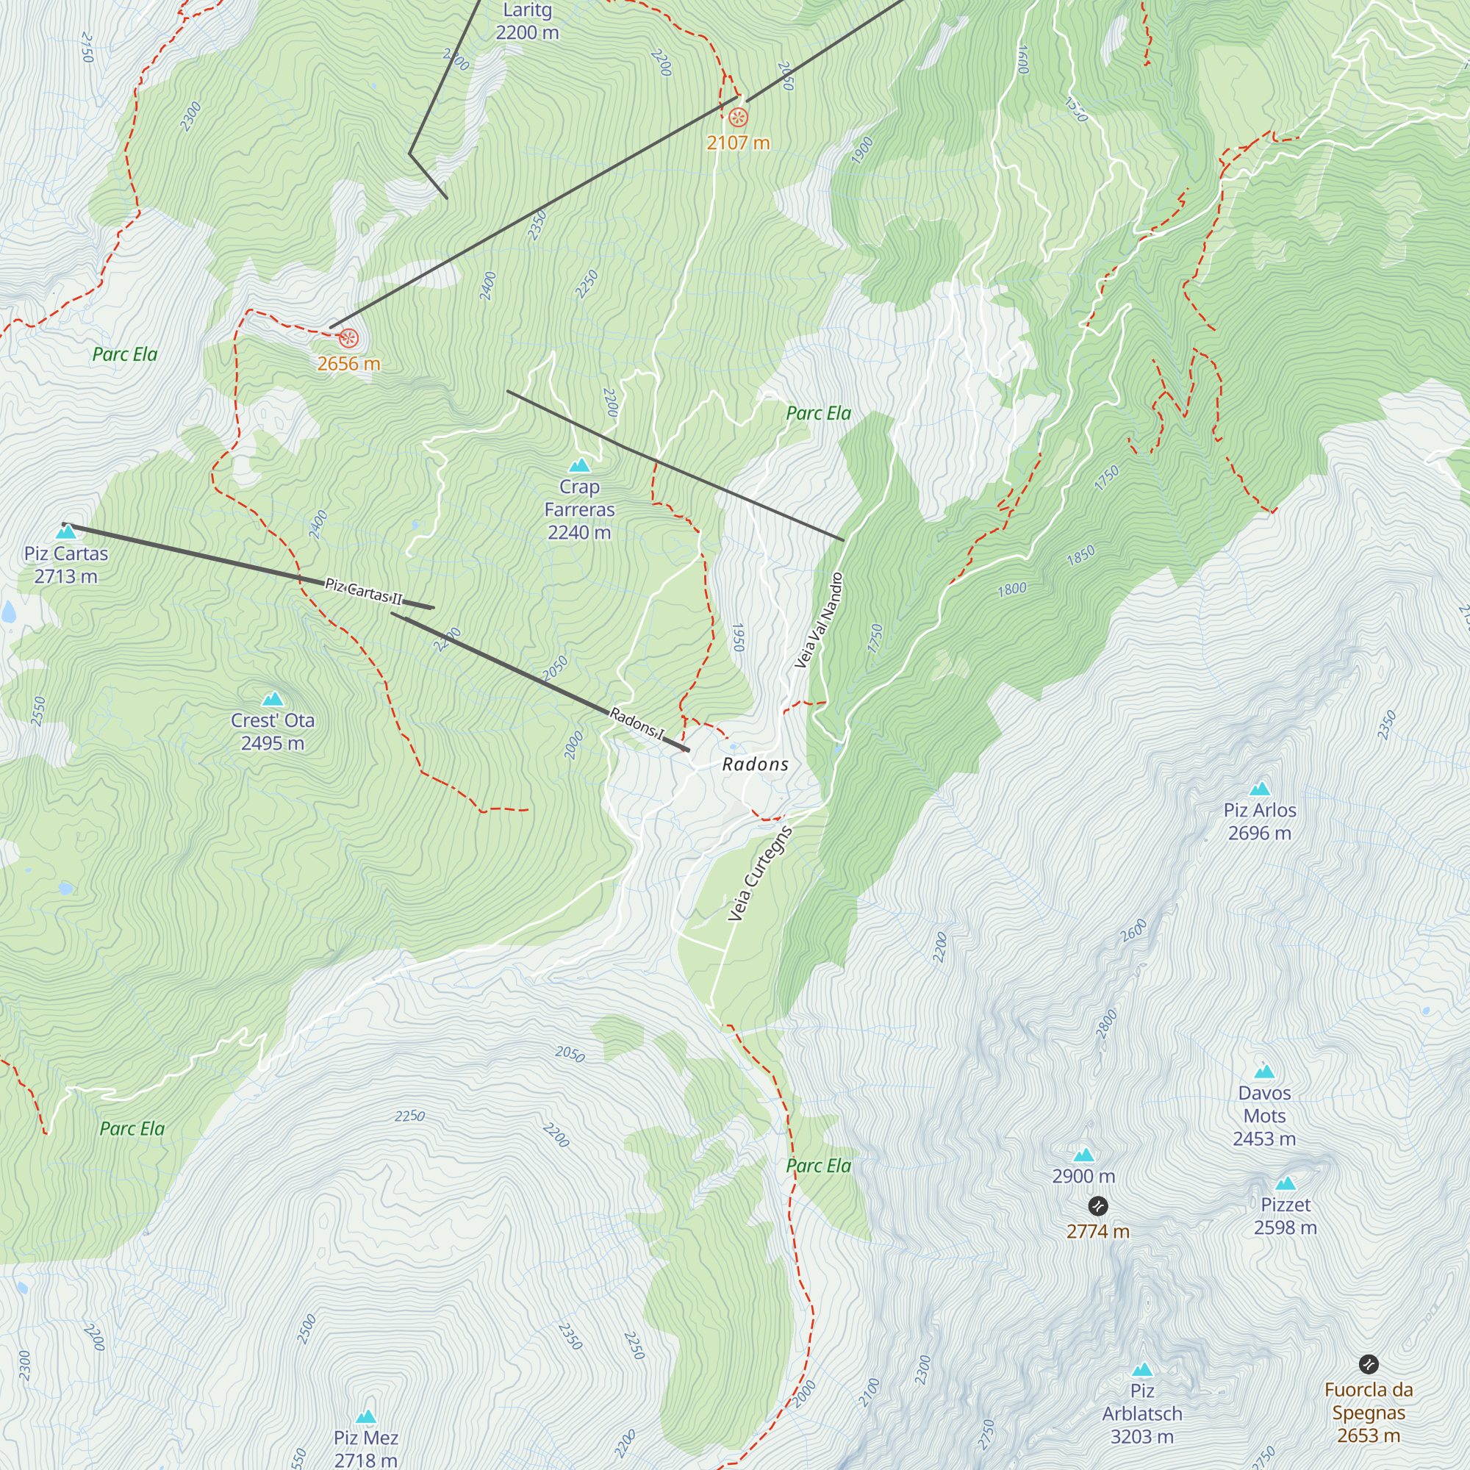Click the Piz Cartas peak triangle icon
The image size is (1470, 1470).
pyautogui.click(x=66, y=532)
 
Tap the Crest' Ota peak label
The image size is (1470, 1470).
pyautogui.click(x=273, y=731)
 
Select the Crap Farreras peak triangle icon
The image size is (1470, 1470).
pyautogui.click(x=580, y=465)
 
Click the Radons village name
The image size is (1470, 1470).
pyautogui.click(x=755, y=764)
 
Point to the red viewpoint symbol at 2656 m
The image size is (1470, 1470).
pyautogui.click(x=348, y=338)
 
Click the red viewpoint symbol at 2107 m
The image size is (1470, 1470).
pyautogui.click(x=738, y=117)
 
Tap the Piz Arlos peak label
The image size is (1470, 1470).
pyautogui.click(x=1259, y=821)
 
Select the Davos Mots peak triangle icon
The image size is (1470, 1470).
pyautogui.click(x=1263, y=1072)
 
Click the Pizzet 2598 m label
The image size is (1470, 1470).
pyautogui.click(x=1285, y=1216)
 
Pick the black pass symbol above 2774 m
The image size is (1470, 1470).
pyautogui.click(x=1097, y=1206)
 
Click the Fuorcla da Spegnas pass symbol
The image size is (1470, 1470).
pyautogui.click(x=1368, y=1364)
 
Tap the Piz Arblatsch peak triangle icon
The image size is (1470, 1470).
pyautogui.click(x=1141, y=1370)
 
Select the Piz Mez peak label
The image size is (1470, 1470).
pyautogui.click(x=366, y=1448)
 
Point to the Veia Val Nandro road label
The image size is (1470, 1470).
pyautogui.click(x=819, y=620)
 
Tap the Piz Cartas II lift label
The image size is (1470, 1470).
pyautogui.click(x=363, y=591)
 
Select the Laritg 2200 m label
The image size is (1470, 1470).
pyautogui.click(x=527, y=21)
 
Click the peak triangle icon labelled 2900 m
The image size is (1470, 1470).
pyautogui.click(x=1083, y=1155)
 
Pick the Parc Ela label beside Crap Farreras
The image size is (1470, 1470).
pyautogui.click(x=818, y=413)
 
